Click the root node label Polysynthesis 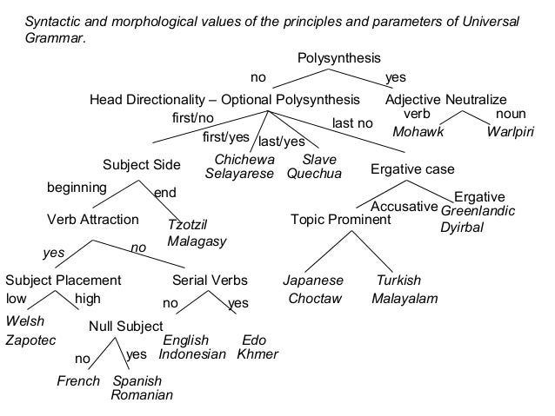(x=339, y=58)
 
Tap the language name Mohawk (x=418, y=133)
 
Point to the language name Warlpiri (x=512, y=133)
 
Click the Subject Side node (x=142, y=165)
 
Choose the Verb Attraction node (x=92, y=220)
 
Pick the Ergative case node (x=412, y=168)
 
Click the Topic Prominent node (x=341, y=220)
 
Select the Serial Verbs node (x=211, y=281)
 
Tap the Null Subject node (x=126, y=327)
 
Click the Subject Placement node (x=63, y=281)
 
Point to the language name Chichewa (x=244, y=160)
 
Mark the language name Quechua (x=314, y=173)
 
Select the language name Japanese (x=313, y=281)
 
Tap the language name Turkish (x=398, y=281)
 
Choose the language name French (x=78, y=381)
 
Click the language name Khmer (x=257, y=354)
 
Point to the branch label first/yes (x=225, y=137)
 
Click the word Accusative (x=403, y=207)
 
